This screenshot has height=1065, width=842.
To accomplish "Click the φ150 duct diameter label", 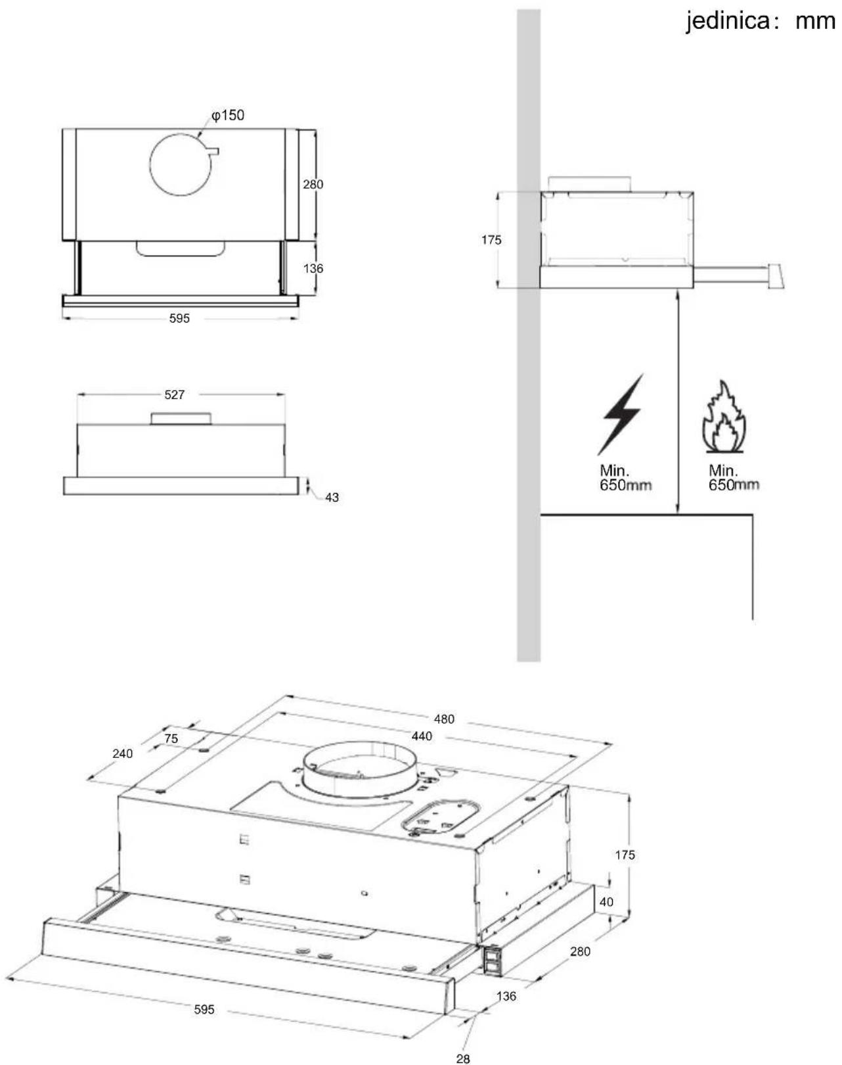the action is coord(228,115).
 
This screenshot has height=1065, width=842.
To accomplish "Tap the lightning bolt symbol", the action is coord(621,414).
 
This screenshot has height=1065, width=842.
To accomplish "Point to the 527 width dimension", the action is coord(175,394).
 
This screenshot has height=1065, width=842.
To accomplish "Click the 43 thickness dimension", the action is coord(332,498).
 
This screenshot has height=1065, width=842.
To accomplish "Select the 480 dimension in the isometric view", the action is coord(444,719).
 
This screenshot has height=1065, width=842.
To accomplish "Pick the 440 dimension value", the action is coord(422,736).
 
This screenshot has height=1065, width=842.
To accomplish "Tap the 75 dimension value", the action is coord(171,739).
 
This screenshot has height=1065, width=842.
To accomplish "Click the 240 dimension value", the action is coord(122,753).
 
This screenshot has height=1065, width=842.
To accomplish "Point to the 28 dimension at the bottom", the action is coord(463,1058).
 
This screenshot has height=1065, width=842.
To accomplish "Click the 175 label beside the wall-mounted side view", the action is coord(491,240).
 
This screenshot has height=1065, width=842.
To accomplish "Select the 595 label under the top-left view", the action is coord(179,318).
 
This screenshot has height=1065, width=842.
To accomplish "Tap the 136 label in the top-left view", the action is coord(313,269).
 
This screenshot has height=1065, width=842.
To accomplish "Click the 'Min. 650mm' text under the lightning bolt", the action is coord(626,477).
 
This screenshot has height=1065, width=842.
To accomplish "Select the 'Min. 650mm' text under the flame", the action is coord(734,477).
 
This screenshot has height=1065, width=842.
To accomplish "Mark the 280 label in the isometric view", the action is coord(580,952).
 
